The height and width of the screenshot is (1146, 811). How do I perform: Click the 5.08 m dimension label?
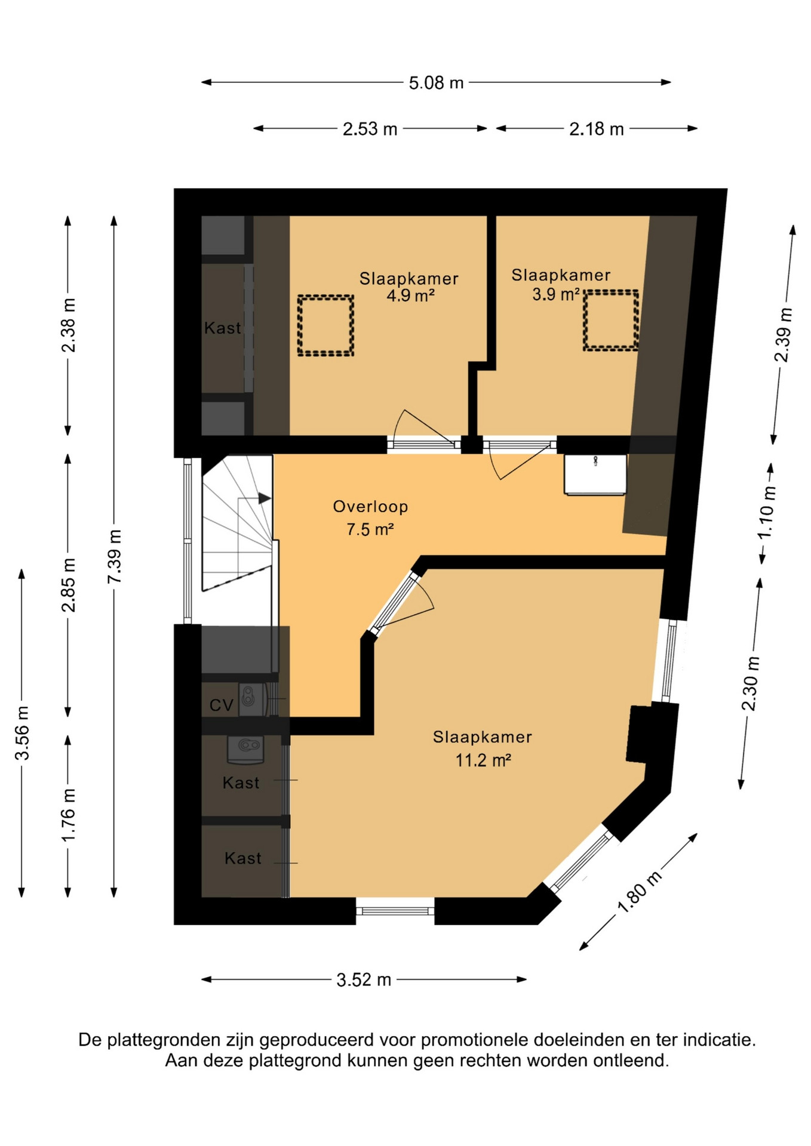click(436, 82)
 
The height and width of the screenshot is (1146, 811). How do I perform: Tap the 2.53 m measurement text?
click(370, 128)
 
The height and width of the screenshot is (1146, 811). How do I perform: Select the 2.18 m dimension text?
click(596, 128)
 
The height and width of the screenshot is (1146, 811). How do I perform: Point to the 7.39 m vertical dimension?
click(114, 556)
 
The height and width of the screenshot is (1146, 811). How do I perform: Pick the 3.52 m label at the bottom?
click(364, 979)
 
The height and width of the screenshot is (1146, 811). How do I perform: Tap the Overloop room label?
click(370, 506)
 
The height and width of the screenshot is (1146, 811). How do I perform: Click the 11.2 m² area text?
click(483, 760)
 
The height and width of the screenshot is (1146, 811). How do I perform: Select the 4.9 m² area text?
click(410, 295)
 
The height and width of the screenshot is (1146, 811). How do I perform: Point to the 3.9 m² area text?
click(556, 294)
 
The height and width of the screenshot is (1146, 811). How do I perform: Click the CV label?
click(221, 706)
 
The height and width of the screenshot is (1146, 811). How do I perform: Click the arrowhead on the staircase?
click(265, 498)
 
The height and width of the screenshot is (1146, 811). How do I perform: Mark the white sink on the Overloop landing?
click(595, 475)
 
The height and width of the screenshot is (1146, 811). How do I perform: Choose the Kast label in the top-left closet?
click(222, 328)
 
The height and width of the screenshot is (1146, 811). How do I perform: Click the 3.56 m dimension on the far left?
click(22, 732)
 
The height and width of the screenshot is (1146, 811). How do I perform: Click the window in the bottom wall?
click(395, 911)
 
